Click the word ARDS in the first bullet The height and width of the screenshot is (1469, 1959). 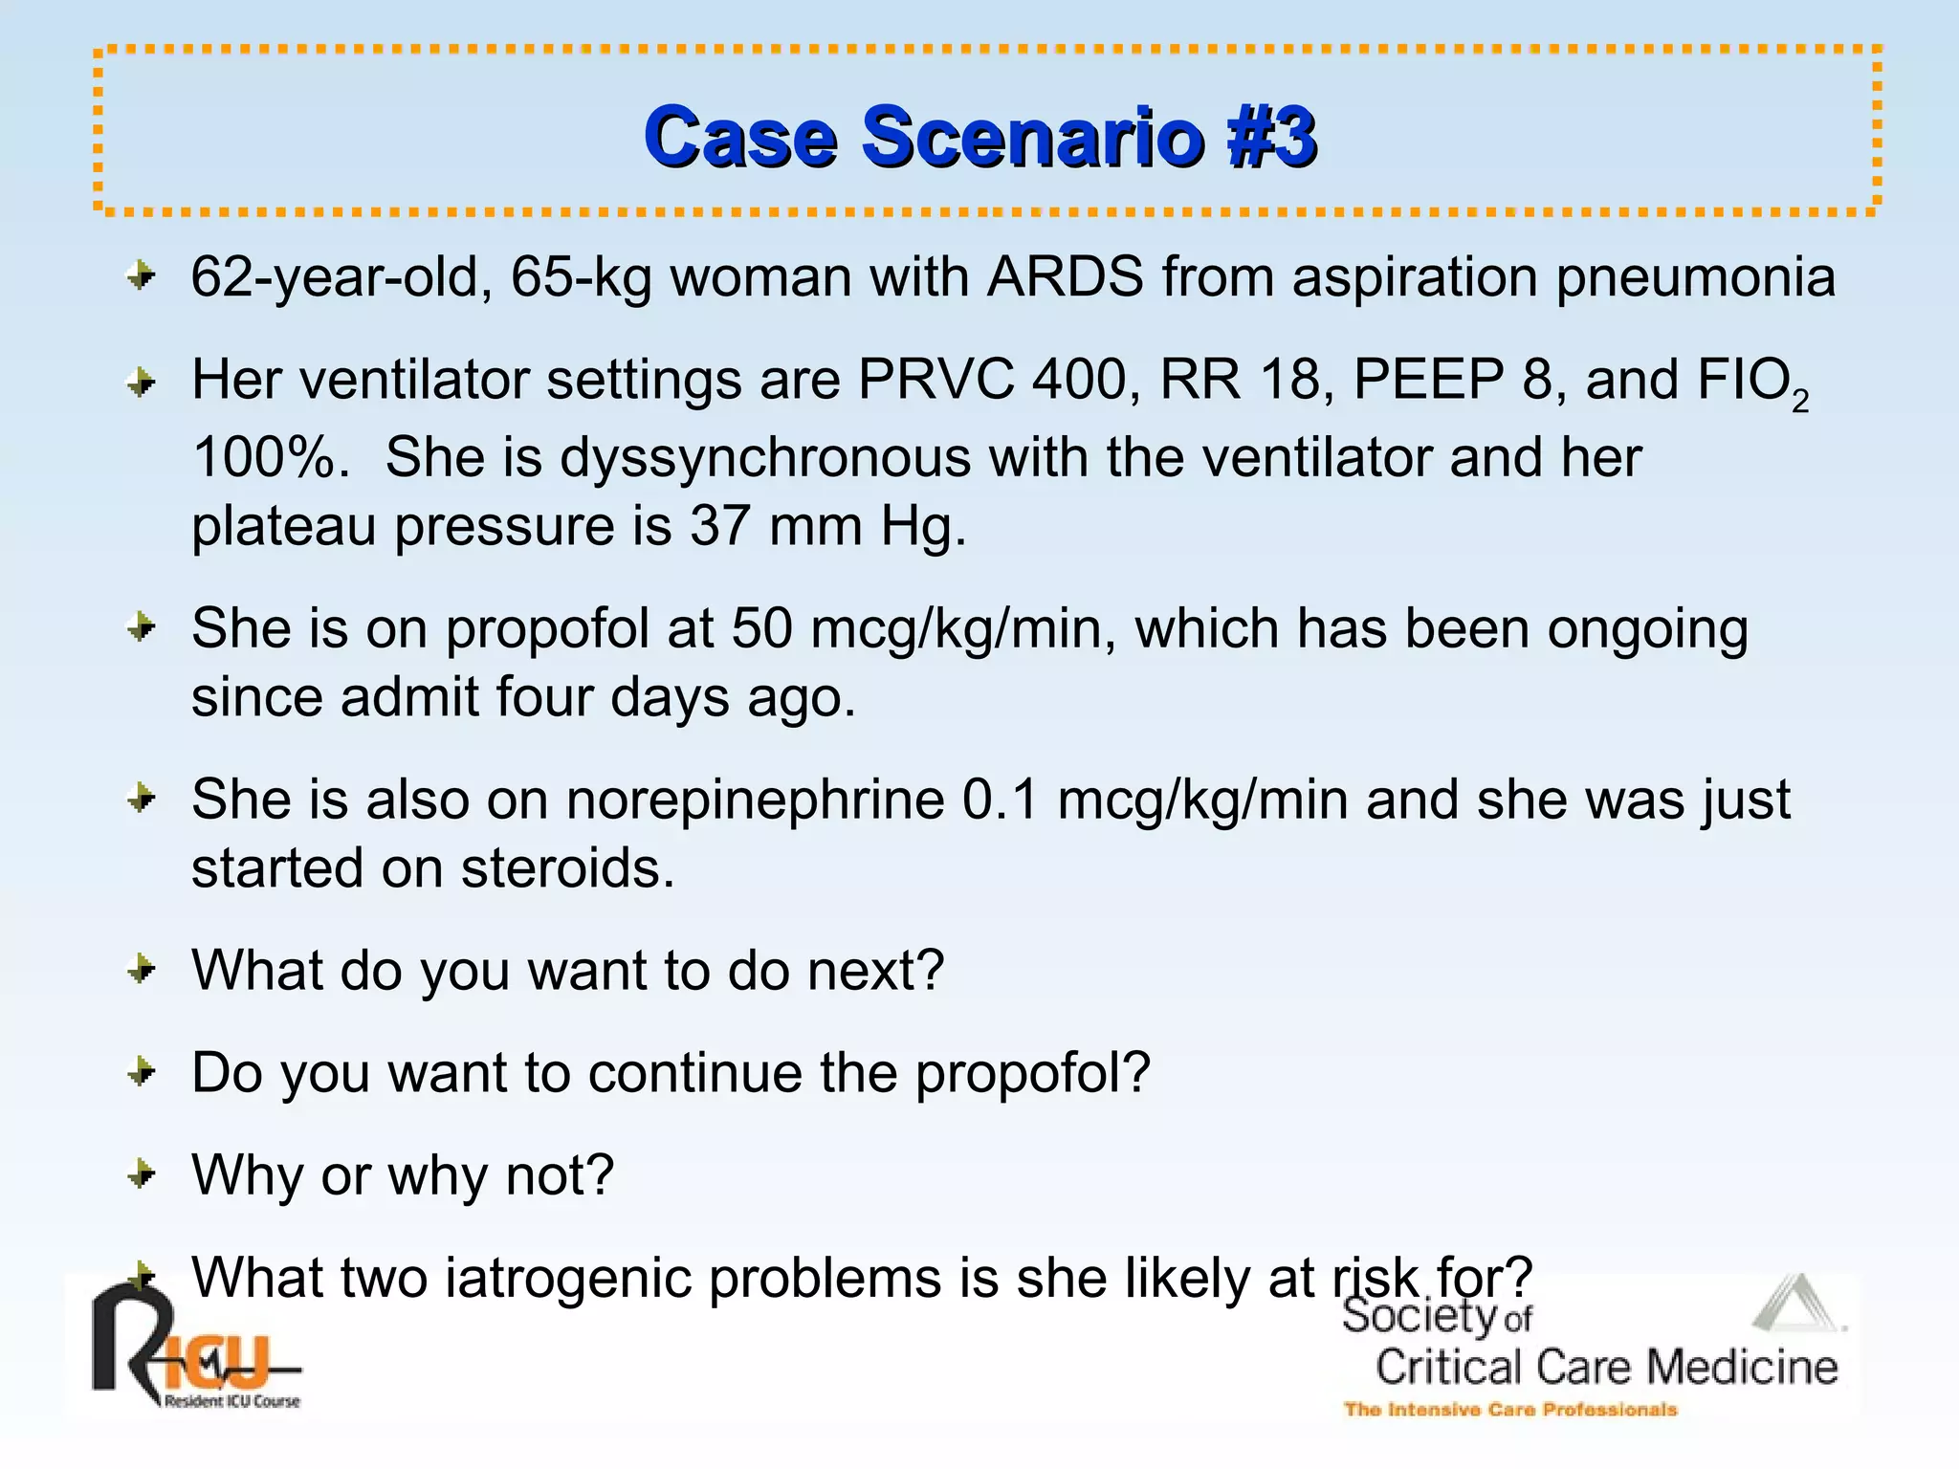(1065, 277)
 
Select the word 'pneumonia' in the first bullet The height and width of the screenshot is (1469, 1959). (1695, 277)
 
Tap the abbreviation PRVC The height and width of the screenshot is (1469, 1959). (935, 380)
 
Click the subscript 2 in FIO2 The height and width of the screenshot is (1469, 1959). (1799, 403)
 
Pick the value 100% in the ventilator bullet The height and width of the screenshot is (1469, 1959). (264, 457)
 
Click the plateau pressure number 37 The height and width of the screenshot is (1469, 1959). (720, 526)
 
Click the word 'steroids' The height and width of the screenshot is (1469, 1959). (567, 868)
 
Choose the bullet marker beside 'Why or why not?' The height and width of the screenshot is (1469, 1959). (142, 1173)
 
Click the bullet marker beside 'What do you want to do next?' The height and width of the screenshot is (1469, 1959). (142, 969)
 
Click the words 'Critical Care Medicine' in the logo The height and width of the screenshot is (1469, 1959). (1606, 1368)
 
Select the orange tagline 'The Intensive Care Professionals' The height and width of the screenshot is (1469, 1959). (1510, 1410)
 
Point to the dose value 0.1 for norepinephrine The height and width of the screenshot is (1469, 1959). (1000, 800)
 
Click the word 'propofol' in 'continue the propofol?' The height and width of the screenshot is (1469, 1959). (1032, 1073)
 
